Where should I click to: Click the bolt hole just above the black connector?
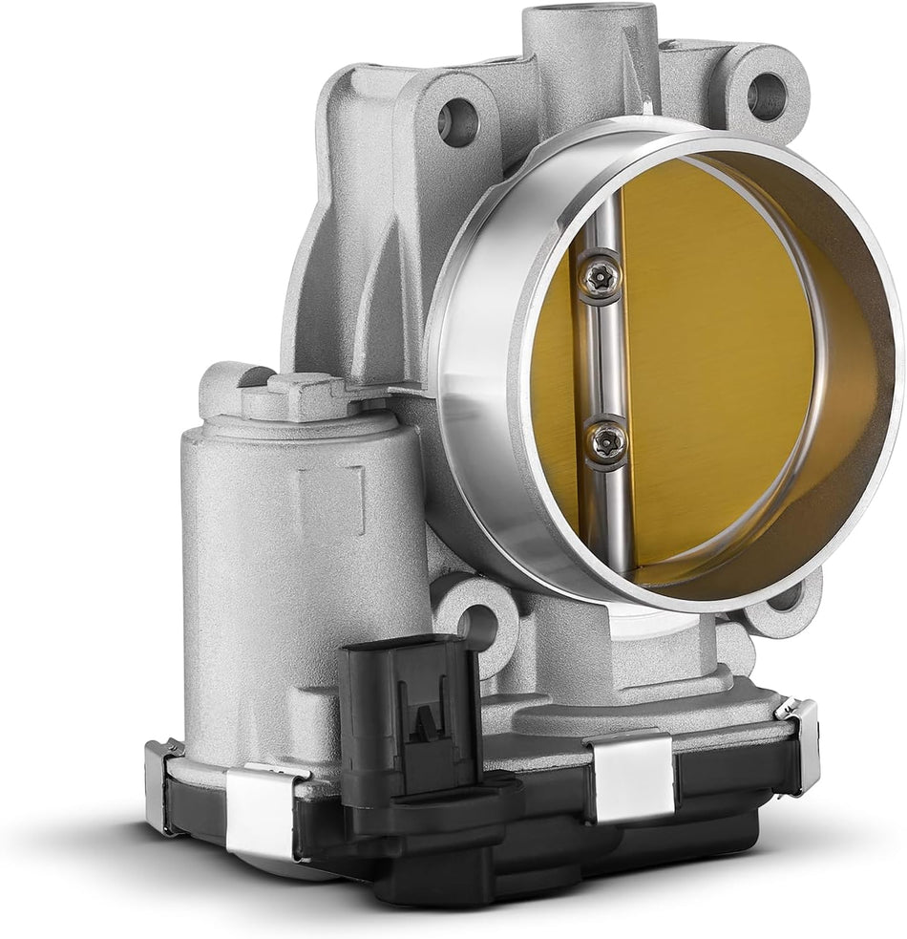(477, 626)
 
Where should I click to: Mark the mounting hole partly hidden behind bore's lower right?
(785, 596)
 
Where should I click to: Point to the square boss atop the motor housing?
(299, 394)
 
